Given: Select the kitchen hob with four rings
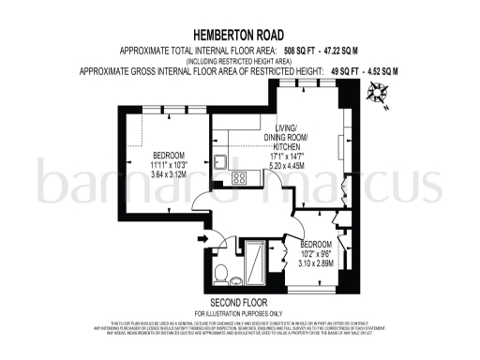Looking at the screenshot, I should click(240, 177).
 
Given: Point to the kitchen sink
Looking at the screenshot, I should click(221, 160).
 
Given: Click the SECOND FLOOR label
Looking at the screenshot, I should click(238, 303).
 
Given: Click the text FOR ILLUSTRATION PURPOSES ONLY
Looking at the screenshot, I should click(239, 312).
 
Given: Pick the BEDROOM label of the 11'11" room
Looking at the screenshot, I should click(169, 154).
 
